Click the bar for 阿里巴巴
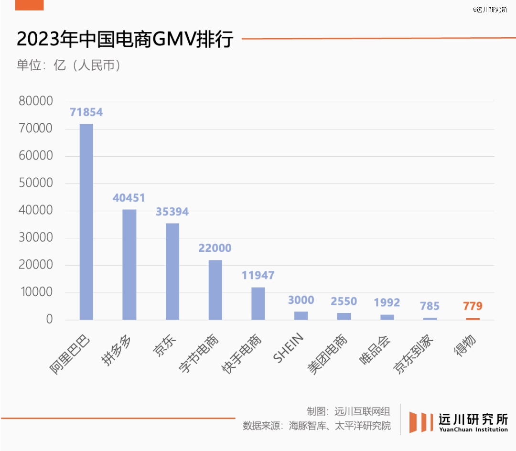(86, 222)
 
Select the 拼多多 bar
(129, 265)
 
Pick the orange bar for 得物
(473, 319)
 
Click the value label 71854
(86, 112)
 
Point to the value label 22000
(215, 248)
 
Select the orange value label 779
(473, 306)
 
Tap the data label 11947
(258, 276)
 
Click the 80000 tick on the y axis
(35, 101)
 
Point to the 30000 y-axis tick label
(35, 238)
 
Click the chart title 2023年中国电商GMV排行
(125, 40)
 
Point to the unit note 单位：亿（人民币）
(69, 65)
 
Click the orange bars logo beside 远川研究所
(420, 422)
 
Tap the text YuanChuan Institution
(473, 430)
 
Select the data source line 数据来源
(316, 426)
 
